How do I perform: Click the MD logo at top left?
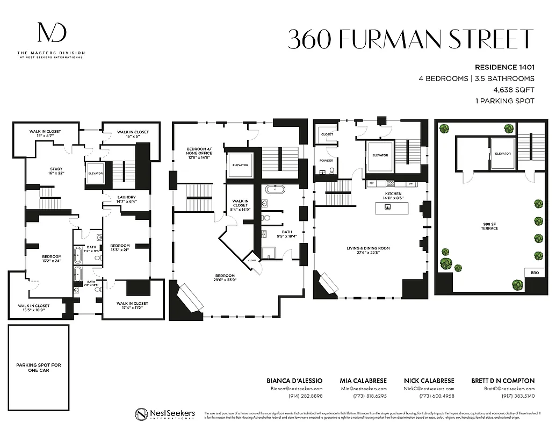click(x=52, y=33)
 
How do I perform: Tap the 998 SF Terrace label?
click(x=489, y=226)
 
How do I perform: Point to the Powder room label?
click(x=327, y=160)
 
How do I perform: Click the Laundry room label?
click(x=126, y=199)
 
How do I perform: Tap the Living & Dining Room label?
click(x=368, y=250)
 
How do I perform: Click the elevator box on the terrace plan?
click(x=502, y=153)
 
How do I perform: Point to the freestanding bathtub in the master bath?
click(x=278, y=189)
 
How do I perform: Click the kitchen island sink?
click(x=394, y=206)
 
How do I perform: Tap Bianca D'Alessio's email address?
click(x=296, y=388)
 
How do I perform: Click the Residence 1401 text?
click(x=504, y=68)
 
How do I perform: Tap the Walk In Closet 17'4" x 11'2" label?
click(x=132, y=305)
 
